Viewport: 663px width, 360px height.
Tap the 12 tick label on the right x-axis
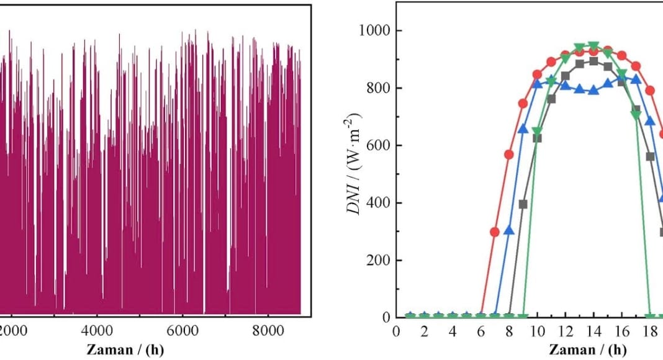pos(566,331)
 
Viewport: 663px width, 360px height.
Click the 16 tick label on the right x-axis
pos(622,331)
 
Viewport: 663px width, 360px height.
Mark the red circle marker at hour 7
pos(495,232)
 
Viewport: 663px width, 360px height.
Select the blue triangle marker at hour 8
pos(509,230)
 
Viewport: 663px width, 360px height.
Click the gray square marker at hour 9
pos(523,204)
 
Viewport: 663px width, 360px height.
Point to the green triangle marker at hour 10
pos(537,132)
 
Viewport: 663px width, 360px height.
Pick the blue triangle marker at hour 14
pos(593,90)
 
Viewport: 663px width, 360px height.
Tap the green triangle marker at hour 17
pos(636,115)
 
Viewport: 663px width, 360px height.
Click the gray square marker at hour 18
pos(650,156)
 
